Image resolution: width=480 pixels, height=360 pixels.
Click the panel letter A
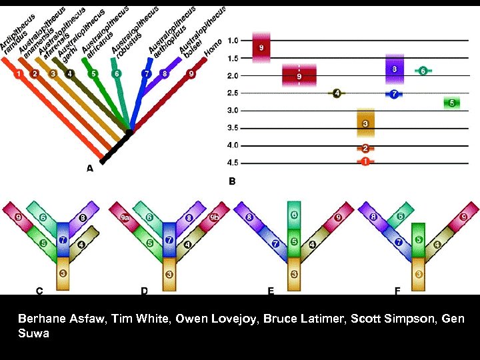pyautogui.click(x=90, y=169)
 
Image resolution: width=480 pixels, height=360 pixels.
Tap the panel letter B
pyautogui.click(x=232, y=181)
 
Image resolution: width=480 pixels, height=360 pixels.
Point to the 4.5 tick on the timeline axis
pyautogui.click(x=233, y=162)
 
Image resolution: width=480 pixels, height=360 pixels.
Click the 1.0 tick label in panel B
pyautogui.click(x=233, y=41)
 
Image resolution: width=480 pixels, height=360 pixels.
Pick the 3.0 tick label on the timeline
pyautogui.click(x=233, y=110)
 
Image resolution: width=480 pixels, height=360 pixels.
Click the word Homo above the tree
pyautogui.click(x=213, y=47)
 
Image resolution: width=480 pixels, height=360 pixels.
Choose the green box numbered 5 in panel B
pyautogui.click(x=452, y=103)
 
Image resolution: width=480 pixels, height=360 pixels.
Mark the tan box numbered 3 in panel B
pyautogui.click(x=366, y=123)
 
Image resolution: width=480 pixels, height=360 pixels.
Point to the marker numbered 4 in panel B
pyautogui.click(x=337, y=93)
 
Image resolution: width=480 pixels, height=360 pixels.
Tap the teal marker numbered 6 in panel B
pyautogui.click(x=423, y=70)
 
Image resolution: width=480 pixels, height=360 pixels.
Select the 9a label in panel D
pyautogui.click(x=125, y=217)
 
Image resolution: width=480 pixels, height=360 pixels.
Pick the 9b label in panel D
pyautogui.click(x=213, y=217)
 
